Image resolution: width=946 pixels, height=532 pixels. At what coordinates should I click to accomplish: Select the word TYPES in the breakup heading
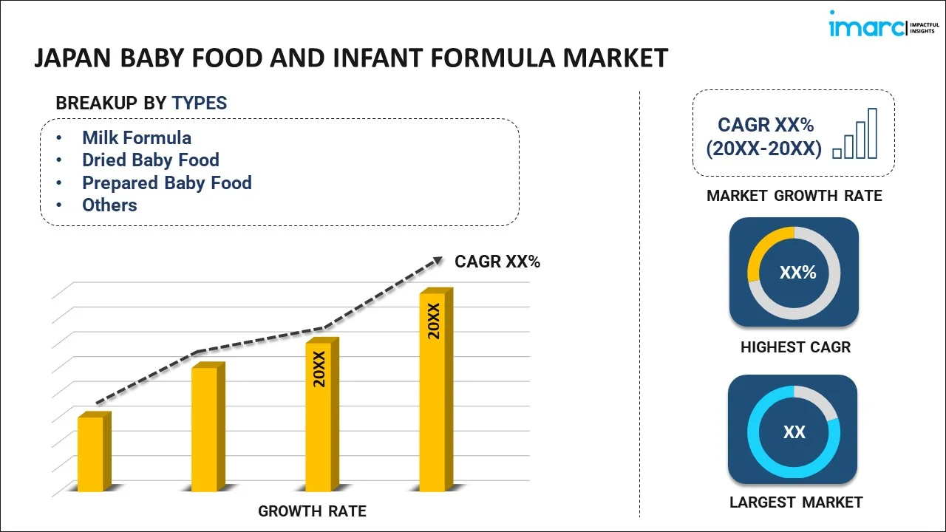(200, 103)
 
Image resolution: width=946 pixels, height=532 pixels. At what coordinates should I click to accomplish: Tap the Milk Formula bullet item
(137, 137)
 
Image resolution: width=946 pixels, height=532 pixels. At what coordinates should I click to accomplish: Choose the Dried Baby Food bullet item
(151, 160)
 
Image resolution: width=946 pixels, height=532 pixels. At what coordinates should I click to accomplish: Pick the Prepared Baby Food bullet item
(167, 183)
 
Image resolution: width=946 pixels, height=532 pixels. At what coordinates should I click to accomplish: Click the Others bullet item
(109, 205)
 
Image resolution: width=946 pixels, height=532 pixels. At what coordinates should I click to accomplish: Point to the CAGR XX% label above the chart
(497, 262)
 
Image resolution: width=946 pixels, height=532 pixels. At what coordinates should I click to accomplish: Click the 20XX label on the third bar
(319, 369)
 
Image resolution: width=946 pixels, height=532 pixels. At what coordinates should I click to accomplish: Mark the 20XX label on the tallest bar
(434, 321)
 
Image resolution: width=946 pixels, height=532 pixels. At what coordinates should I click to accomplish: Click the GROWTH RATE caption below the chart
(312, 511)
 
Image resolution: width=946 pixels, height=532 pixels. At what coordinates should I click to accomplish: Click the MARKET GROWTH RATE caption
(794, 196)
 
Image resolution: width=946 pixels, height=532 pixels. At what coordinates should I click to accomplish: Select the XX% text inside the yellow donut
(797, 273)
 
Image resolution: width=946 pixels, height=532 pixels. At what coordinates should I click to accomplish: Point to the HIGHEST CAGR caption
(795, 347)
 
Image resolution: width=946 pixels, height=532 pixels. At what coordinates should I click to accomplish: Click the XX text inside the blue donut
(794, 432)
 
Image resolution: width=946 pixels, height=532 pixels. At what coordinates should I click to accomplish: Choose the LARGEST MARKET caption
(796, 502)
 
